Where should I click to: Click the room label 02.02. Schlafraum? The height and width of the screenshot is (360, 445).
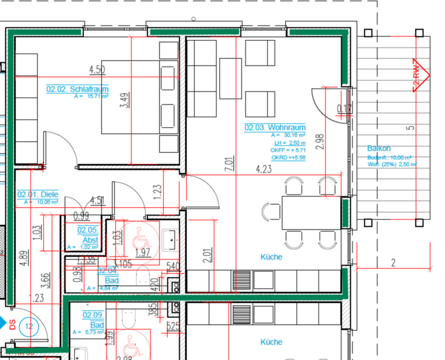coord(77,89)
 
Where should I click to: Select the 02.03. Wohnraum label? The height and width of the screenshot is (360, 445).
coord(275,128)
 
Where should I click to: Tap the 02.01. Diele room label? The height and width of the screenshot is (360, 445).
coord(38,194)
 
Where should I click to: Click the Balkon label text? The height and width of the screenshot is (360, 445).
coord(379,148)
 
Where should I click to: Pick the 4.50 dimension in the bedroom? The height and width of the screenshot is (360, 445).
coord(97,70)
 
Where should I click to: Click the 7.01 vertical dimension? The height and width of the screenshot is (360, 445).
coord(230,164)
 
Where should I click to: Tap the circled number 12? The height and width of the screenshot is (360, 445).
coord(29,327)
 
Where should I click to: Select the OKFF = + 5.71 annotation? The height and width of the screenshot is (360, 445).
coord(288,150)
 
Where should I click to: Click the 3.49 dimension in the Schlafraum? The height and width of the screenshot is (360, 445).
coord(124,100)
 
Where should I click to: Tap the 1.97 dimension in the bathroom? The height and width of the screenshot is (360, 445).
coord(142,252)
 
